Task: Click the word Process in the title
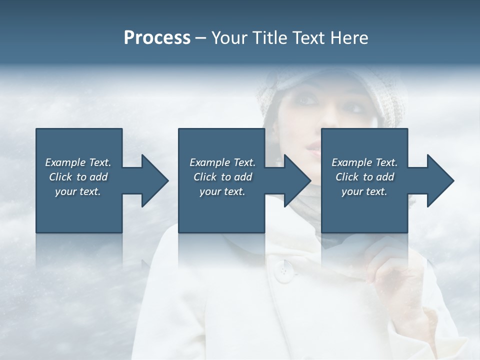[157, 38]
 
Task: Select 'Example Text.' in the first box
[78, 162]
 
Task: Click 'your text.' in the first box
[78, 191]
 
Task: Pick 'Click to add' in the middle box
[222, 177]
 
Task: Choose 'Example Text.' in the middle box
[222, 162]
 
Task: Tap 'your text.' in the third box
[364, 191]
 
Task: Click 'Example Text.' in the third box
[364, 162]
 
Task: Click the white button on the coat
[284, 271]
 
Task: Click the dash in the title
[200, 38]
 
